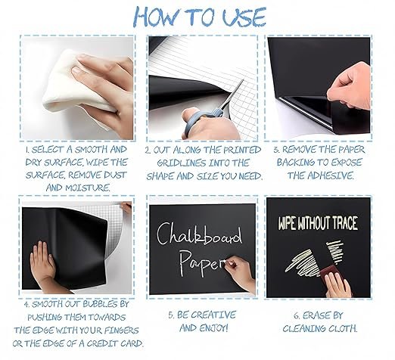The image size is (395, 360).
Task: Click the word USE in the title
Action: [x=244, y=17]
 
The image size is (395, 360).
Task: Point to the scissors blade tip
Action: [x=243, y=79]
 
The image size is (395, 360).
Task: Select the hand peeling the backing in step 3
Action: [x=350, y=85]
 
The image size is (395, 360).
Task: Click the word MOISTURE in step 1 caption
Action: [x=88, y=188]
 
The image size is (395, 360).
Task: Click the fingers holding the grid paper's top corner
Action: [x=126, y=207]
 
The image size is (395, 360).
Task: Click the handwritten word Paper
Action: [x=202, y=262]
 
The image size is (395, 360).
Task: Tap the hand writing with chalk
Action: [x=240, y=275]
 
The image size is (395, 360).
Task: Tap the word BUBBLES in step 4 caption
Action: [x=101, y=304]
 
